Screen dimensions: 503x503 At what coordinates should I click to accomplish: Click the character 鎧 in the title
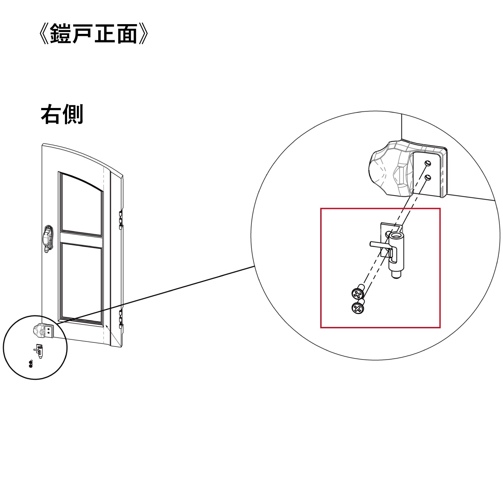pos(61,34)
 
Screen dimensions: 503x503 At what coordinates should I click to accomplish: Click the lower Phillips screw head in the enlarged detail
pos(358,308)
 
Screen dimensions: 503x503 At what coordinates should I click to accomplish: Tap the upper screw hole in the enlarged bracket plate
pos(428,163)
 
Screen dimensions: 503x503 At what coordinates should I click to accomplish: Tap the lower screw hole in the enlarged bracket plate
pos(428,177)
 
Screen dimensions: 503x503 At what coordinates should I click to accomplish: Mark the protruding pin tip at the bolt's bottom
pos(396,275)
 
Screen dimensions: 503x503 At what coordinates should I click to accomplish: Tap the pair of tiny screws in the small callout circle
pos(31,364)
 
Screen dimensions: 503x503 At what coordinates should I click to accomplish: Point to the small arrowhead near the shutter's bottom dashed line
pos(107,326)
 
